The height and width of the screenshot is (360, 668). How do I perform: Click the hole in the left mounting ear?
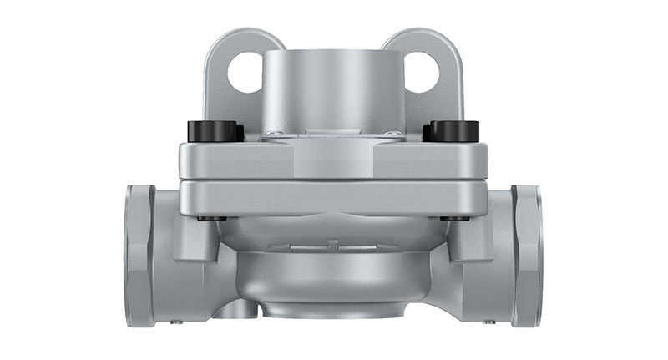(245, 73)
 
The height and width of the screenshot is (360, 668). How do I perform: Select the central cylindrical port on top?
(333, 88)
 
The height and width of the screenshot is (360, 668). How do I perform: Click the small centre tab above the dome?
(333, 244)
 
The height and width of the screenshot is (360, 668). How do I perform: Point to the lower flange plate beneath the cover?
(333, 198)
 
